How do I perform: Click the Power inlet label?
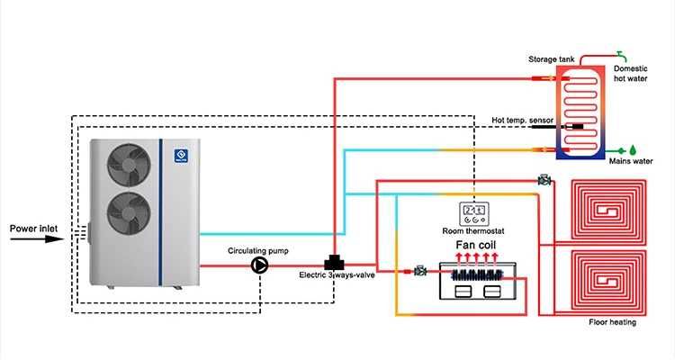(34, 229)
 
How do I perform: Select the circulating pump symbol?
(260, 265)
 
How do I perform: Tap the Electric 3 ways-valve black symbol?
(336, 263)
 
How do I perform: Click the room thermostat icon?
(474, 213)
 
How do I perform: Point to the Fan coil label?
(475, 245)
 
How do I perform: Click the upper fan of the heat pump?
(126, 163)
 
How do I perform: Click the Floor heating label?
(613, 321)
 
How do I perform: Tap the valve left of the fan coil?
(420, 269)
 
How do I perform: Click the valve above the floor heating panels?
(544, 181)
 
